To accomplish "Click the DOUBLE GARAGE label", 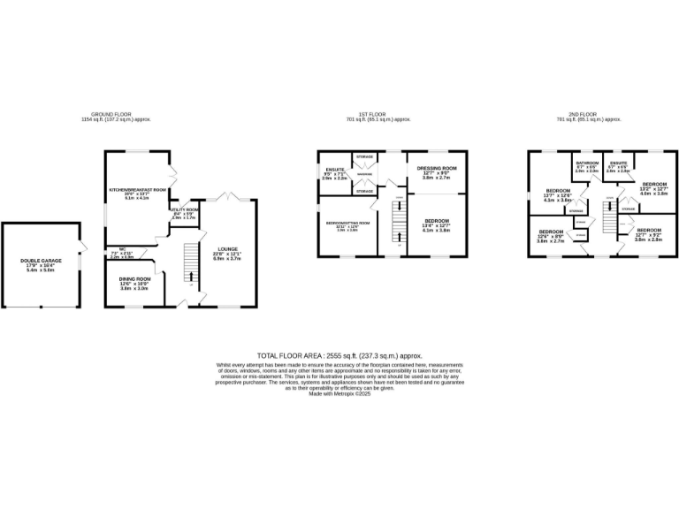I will click(40, 260).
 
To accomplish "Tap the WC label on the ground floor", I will click(114, 249).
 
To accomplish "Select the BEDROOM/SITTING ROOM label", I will click(347, 224).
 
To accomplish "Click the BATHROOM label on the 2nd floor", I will click(587, 163).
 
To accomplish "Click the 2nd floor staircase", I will click(607, 216).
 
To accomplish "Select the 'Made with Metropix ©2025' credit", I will click(339, 394).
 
